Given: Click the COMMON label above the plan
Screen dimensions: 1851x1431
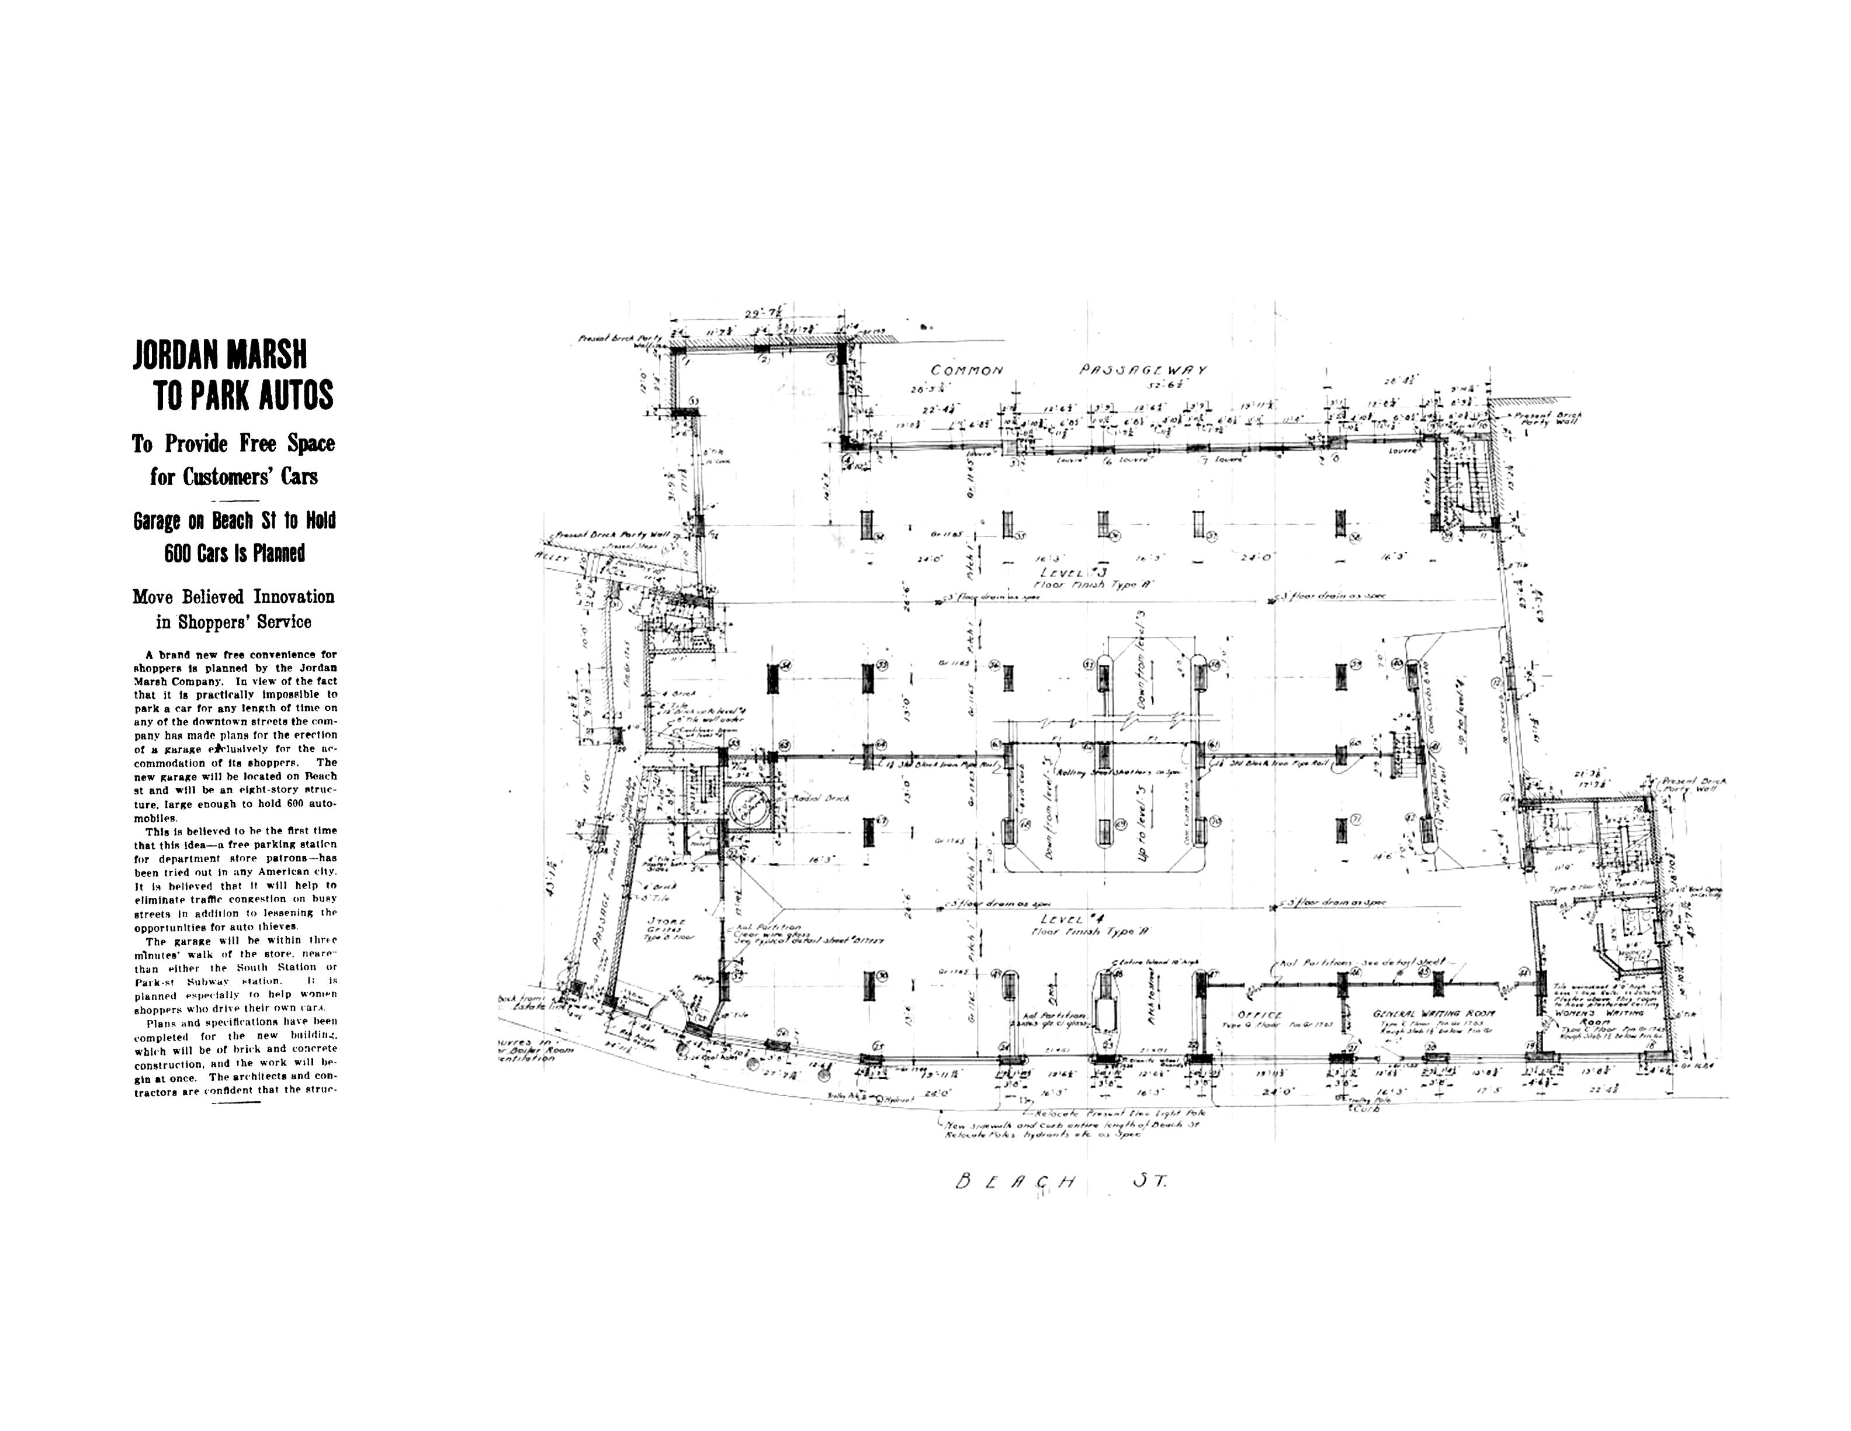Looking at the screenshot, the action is tap(967, 371).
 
